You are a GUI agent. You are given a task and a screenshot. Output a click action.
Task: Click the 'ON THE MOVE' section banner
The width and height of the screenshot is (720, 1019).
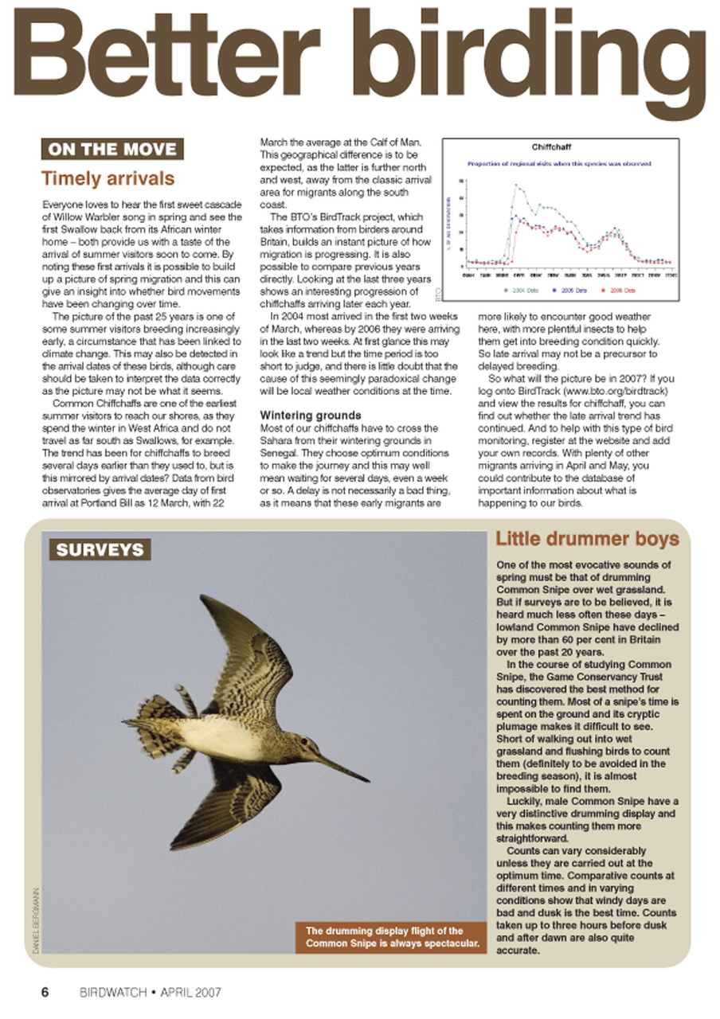point(112,149)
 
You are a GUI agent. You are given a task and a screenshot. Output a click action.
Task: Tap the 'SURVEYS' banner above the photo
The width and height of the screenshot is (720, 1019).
point(100,549)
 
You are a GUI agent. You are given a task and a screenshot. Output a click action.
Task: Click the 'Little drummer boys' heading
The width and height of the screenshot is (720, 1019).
point(587,539)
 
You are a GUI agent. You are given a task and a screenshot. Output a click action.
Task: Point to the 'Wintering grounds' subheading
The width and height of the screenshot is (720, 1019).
point(311,415)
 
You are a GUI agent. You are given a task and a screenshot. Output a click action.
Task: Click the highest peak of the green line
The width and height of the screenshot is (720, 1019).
point(515,185)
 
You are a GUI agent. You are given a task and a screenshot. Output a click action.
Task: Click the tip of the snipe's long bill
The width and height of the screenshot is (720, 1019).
point(368,780)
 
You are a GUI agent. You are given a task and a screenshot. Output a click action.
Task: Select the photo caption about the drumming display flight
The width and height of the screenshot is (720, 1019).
point(390,938)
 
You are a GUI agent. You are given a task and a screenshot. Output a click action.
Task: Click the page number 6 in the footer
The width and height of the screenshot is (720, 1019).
point(45,992)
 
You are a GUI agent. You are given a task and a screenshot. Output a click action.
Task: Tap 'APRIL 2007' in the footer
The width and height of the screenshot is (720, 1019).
point(190,993)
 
